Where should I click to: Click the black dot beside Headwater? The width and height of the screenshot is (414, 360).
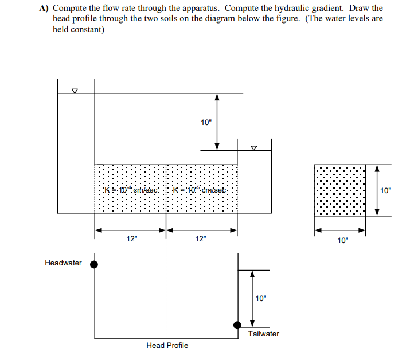tap(95, 264)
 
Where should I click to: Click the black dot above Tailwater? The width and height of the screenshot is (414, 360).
tap(237, 325)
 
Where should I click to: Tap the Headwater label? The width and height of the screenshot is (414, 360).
tap(63, 263)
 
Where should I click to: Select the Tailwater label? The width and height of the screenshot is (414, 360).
tap(263, 334)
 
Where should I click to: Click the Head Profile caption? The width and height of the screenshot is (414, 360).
tap(167, 345)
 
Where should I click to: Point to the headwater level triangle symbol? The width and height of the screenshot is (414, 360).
tap(74, 91)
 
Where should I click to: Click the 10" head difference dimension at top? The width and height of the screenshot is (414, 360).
tap(206, 122)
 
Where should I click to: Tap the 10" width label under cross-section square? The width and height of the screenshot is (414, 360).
tap(342, 241)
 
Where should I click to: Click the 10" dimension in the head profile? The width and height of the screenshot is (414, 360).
tap(261, 298)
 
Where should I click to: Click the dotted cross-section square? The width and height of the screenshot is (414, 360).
tap(340, 190)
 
